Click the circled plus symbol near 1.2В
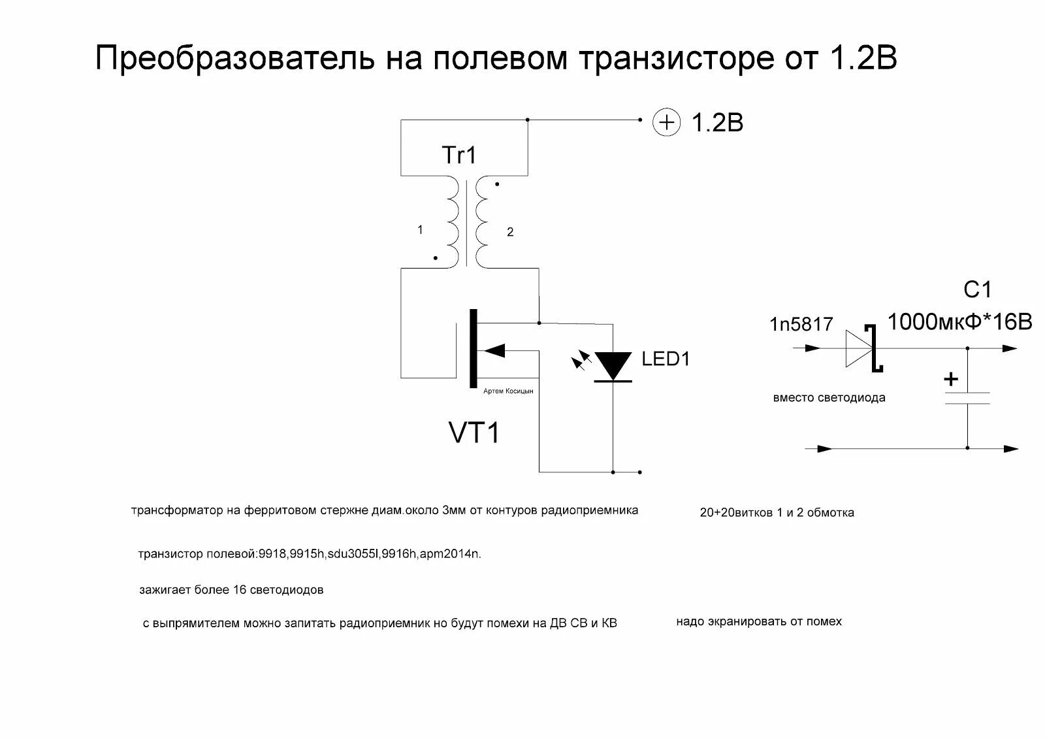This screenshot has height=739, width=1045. tap(667, 123)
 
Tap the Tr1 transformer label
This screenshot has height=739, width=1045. tap(460, 155)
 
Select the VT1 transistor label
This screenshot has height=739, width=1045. tap(474, 433)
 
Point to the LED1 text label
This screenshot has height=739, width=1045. tap(666, 359)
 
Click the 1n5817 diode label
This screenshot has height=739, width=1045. tap(801, 324)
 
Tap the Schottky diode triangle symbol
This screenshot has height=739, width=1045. tap(860, 349)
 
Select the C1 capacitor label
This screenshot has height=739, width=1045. tap(978, 289)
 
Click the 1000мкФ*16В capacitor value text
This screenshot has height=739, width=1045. tap(959, 321)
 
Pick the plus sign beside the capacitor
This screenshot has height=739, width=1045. tap(951, 379)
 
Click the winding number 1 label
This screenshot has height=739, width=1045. tap(420, 230)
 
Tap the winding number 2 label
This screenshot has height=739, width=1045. tap(510, 232)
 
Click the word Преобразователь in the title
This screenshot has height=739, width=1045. tap(235, 59)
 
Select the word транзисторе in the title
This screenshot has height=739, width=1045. tap(675, 59)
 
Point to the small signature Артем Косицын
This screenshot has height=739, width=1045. tap(508, 391)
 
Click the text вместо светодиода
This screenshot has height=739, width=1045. tap(829, 398)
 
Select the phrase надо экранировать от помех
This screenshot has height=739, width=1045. tap(759, 621)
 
